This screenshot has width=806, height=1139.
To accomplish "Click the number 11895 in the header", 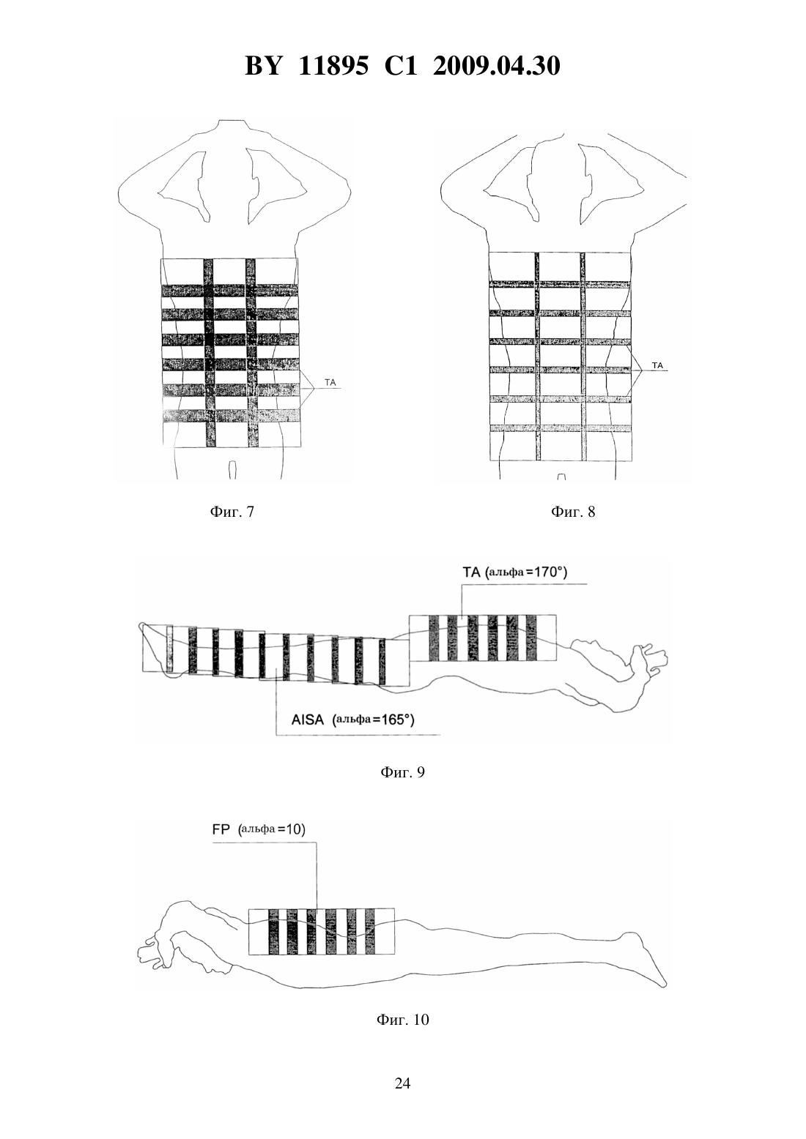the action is [x=333, y=66].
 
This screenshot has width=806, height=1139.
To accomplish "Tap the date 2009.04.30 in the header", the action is [x=497, y=66].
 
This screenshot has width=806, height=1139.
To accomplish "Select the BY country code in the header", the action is [x=263, y=66].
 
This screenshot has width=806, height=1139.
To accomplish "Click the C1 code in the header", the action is [x=401, y=66].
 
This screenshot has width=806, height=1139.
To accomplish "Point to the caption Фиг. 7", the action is [x=232, y=512].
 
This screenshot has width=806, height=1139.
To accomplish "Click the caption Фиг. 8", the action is [x=573, y=512].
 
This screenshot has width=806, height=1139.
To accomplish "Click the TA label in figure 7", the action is [x=330, y=382].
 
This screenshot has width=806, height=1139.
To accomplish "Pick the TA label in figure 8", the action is [x=657, y=365].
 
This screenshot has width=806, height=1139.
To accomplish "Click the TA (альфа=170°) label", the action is [x=514, y=572].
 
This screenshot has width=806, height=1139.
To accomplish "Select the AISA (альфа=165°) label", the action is [x=352, y=720].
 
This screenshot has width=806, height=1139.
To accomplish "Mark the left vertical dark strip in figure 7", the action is [x=210, y=354].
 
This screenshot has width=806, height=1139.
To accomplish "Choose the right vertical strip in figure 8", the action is [x=583, y=356].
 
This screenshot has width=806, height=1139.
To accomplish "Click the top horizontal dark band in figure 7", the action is [x=230, y=291].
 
